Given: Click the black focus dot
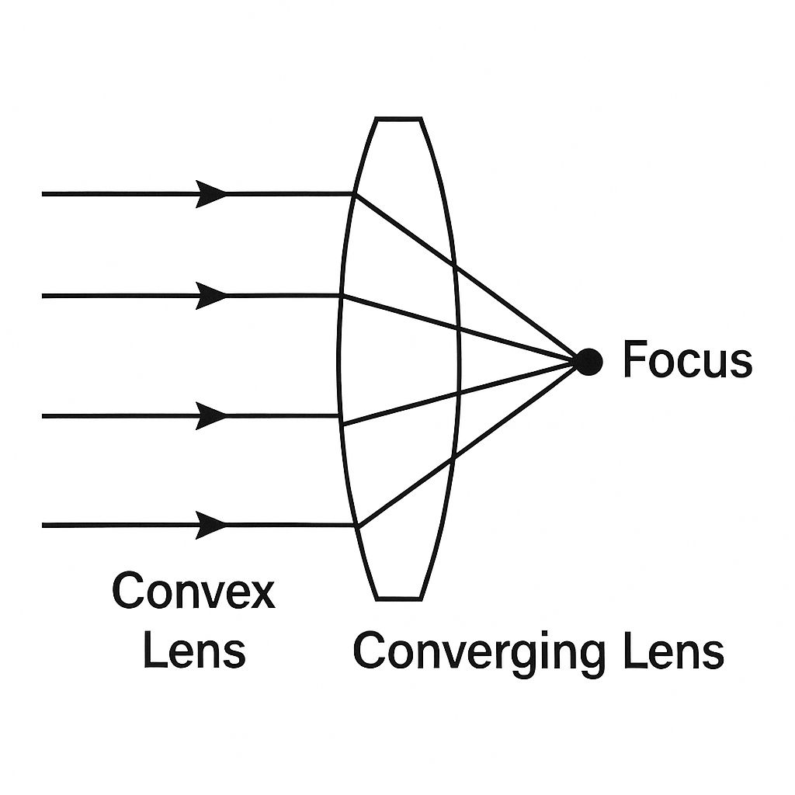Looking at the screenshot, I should pos(588,362).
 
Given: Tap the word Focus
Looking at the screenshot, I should pos(687,361).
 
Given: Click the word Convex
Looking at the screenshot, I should pos(193,592).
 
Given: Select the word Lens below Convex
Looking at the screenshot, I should pos(194,651).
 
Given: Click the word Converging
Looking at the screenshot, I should pos(478,652).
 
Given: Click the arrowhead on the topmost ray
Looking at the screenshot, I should pos(211,193).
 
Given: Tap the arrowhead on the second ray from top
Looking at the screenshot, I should pos(211,296).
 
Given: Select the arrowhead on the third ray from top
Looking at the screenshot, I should pos(211,416).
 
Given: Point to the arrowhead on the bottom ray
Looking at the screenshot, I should pos(211,526).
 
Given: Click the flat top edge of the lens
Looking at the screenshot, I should pos(398,119).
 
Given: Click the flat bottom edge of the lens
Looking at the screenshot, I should pos(399,599).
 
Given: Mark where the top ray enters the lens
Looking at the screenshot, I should pos(355,193).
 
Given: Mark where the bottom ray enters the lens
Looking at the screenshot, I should pos(356,526).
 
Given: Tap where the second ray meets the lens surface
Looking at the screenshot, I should pos(341,296).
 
